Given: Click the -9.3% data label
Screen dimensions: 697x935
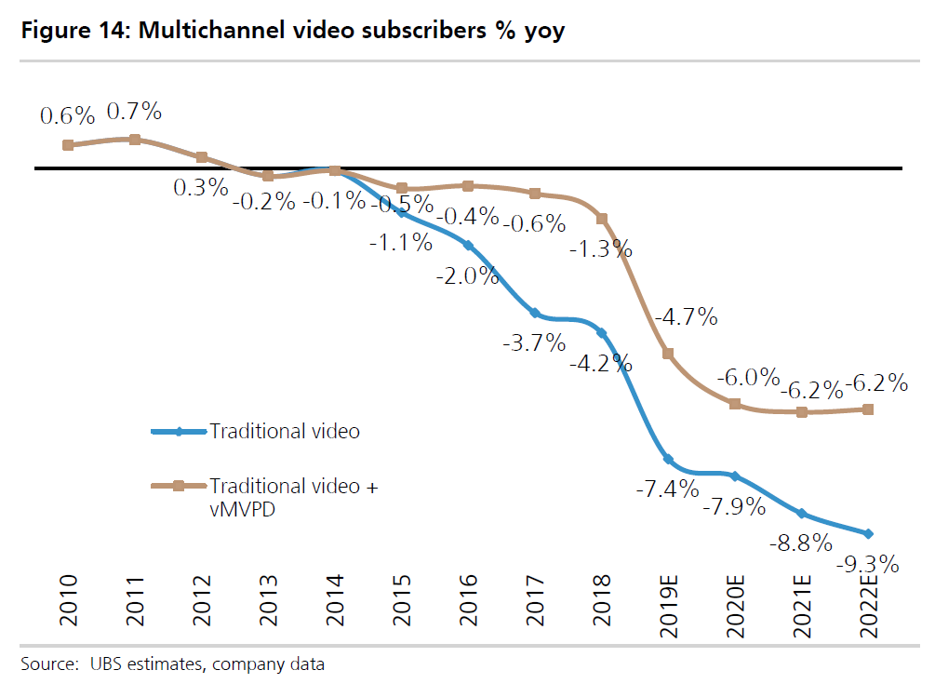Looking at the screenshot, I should (x=867, y=564).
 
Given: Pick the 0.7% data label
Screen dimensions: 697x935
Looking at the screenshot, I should (x=135, y=113).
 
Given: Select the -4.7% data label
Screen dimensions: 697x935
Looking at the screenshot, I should (x=687, y=317).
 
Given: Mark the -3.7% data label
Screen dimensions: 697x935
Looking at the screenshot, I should (x=534, y=343).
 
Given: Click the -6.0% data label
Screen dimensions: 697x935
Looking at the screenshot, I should (x=749, y=378).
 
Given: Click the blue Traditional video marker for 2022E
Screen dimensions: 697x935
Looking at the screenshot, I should (x=868, y=533).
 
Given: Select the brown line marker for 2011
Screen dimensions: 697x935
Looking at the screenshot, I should (x=135, y=140).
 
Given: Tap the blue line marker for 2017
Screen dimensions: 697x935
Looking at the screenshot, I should (x=535, y=313).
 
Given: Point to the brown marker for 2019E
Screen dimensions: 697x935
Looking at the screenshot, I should (x=668, y=354).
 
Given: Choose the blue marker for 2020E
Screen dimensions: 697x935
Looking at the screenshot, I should (x=735, y=476).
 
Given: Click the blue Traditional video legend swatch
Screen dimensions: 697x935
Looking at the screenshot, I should (x=179, y=432).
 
